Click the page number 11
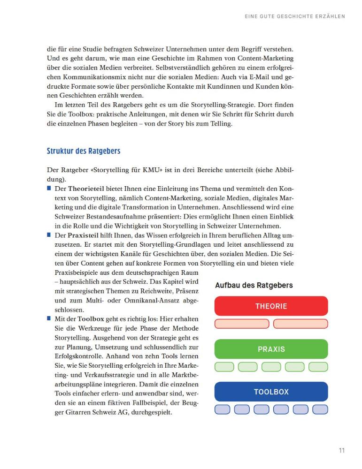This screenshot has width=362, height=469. [342, 451]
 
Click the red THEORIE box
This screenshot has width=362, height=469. [271, 306]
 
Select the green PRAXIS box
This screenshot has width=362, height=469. [271, 349]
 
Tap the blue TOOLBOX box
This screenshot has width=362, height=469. [271, 392]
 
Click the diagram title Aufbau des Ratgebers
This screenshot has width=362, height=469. [254, 285]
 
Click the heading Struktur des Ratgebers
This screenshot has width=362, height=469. [84, 151]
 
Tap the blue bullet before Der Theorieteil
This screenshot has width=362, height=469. [49, 188]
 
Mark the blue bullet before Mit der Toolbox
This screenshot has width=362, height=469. [49, 318]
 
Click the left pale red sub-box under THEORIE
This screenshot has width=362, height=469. [242, 324]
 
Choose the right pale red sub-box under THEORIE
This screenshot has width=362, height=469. [300, 324]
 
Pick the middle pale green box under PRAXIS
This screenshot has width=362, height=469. [271, 367]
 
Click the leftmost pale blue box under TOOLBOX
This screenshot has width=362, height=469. [222, 409]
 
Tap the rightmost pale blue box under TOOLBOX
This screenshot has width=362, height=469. [320, 409]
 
